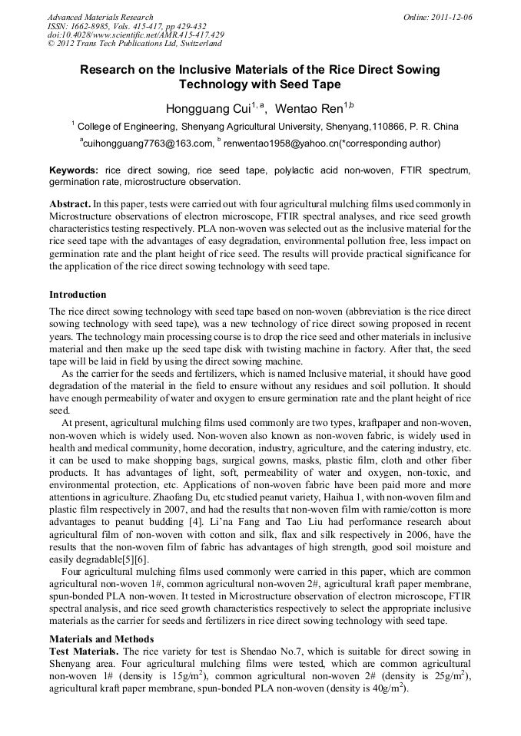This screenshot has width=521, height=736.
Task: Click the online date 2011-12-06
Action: click(452, 17)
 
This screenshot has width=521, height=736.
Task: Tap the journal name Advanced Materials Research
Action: click(100, 17)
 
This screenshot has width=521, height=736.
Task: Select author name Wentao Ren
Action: click(309, 108)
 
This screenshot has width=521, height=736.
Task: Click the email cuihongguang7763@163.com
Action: click(147, 143)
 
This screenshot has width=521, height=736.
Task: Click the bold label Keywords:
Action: click(74, 170)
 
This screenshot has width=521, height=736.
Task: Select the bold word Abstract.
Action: click(69, 204)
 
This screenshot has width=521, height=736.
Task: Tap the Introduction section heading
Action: click(78, 295)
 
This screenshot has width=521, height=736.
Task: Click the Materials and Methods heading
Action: click(101, 639)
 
